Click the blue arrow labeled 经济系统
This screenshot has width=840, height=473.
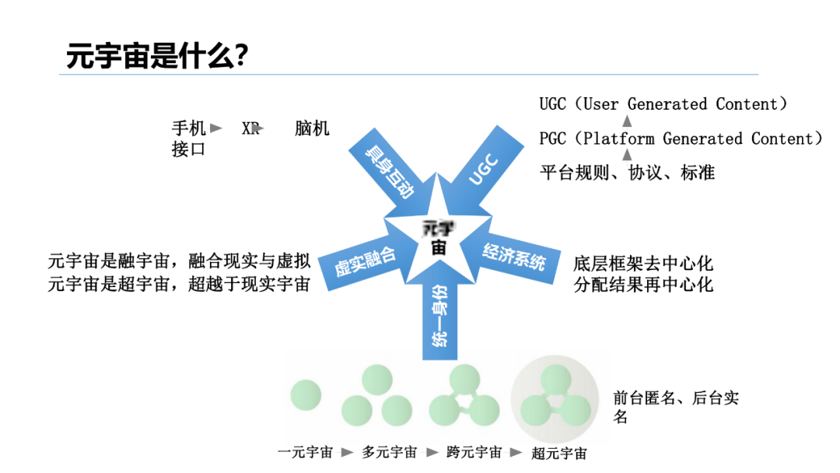[x=513, y=257]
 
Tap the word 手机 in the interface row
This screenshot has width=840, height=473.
[x=189, y=128]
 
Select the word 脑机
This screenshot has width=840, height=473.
[x=312, y=128]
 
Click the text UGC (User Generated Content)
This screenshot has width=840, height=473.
[x=664, y=104]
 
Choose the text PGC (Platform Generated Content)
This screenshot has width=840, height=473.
[x=681, y=138]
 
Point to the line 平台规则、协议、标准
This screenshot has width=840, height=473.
[x=627, y=173]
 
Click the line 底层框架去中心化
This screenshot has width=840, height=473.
[x=643, y=265]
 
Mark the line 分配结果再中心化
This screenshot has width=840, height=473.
[x=643, y=284]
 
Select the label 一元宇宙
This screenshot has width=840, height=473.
[x=306, y=451]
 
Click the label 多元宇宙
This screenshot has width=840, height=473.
[x=390, y=451]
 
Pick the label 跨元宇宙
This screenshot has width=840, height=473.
[x=474, y=451]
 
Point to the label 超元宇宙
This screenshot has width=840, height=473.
[x=559, y=453]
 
